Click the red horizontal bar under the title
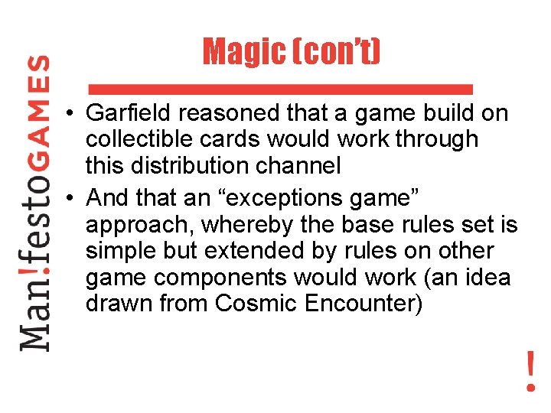pos(281,86)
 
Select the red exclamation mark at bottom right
pos(530,371)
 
